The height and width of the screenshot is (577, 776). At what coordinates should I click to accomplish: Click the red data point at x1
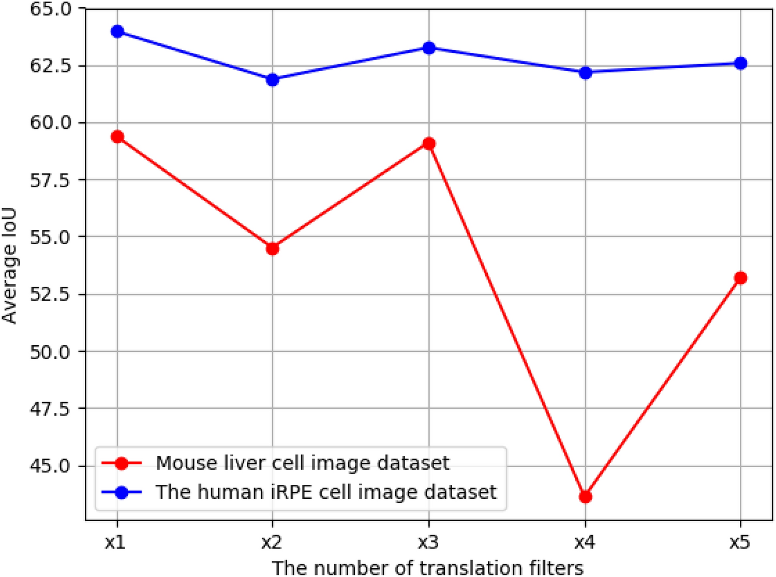point(117,137)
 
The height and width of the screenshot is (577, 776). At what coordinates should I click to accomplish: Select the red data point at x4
point(585,497)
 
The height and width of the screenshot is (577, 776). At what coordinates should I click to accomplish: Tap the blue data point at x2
point(273,80)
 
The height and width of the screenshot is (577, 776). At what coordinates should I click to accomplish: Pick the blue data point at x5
point(740,64)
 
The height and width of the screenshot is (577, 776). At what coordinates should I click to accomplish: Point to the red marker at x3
point(428,143)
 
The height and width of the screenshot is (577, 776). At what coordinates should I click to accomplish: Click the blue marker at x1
point(117,32)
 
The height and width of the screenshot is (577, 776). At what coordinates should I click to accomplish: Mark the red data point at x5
point(740,278)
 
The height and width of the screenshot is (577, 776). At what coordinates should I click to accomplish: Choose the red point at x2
point(273,249)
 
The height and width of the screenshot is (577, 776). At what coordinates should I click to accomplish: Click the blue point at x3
point(428,48)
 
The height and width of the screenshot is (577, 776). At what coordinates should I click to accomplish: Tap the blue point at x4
point(585,73)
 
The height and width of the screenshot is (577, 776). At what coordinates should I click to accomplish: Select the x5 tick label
point(740,542)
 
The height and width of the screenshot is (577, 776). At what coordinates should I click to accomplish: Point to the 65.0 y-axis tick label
point(50,9)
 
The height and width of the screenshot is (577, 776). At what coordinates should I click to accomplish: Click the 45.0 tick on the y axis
point(50,466)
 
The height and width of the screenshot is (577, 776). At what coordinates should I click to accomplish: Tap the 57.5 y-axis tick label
point(50,180)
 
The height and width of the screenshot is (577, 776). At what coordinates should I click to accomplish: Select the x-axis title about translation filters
point(428,567)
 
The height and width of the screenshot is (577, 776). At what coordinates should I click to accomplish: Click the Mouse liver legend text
point(303,463)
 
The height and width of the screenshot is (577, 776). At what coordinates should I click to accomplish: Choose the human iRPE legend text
point(326,492)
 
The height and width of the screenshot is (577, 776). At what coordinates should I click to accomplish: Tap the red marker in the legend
point(122,463)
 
